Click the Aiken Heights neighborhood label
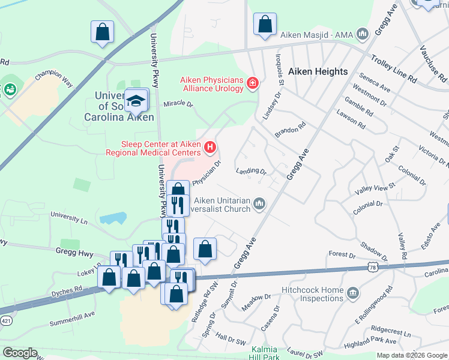coord(318,71)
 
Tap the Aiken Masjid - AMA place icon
coord(362,34)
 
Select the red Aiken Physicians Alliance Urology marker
coord(252,83)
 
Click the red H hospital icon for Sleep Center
coord(209,146)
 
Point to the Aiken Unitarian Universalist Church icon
coord(259,205)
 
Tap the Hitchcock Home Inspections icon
coord(354,293)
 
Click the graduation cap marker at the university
coord(137,100)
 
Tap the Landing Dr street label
coord(252,172)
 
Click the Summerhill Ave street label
coord(72,314)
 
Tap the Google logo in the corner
coord(20,353)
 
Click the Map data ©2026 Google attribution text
coord(412,355)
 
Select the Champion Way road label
coord(53,80)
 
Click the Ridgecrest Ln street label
coord(391,331)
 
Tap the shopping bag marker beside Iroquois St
coord(265,24)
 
